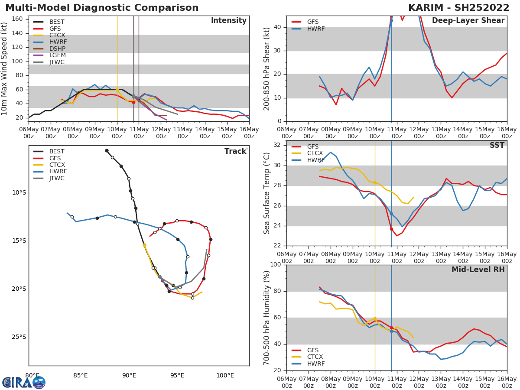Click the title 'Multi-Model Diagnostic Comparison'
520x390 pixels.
click(102, 8)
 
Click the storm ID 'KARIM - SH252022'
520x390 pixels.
click(458, 8)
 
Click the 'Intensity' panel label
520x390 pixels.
click(228, 21)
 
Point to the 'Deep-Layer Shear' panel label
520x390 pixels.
click(468, 21)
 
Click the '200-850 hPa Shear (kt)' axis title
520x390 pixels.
click(267, 68)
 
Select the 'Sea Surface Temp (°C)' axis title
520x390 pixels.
click(267, 193)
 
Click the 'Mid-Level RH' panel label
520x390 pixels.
click(478, 270)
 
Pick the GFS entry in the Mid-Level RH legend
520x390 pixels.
click(312, 350)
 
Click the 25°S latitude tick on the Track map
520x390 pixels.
click(19, 337)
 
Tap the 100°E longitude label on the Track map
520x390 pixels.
click(225, 375)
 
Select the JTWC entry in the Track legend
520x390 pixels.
click(57, 179)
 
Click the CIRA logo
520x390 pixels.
click(23, 383)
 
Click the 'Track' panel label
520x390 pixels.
click(235, 152)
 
